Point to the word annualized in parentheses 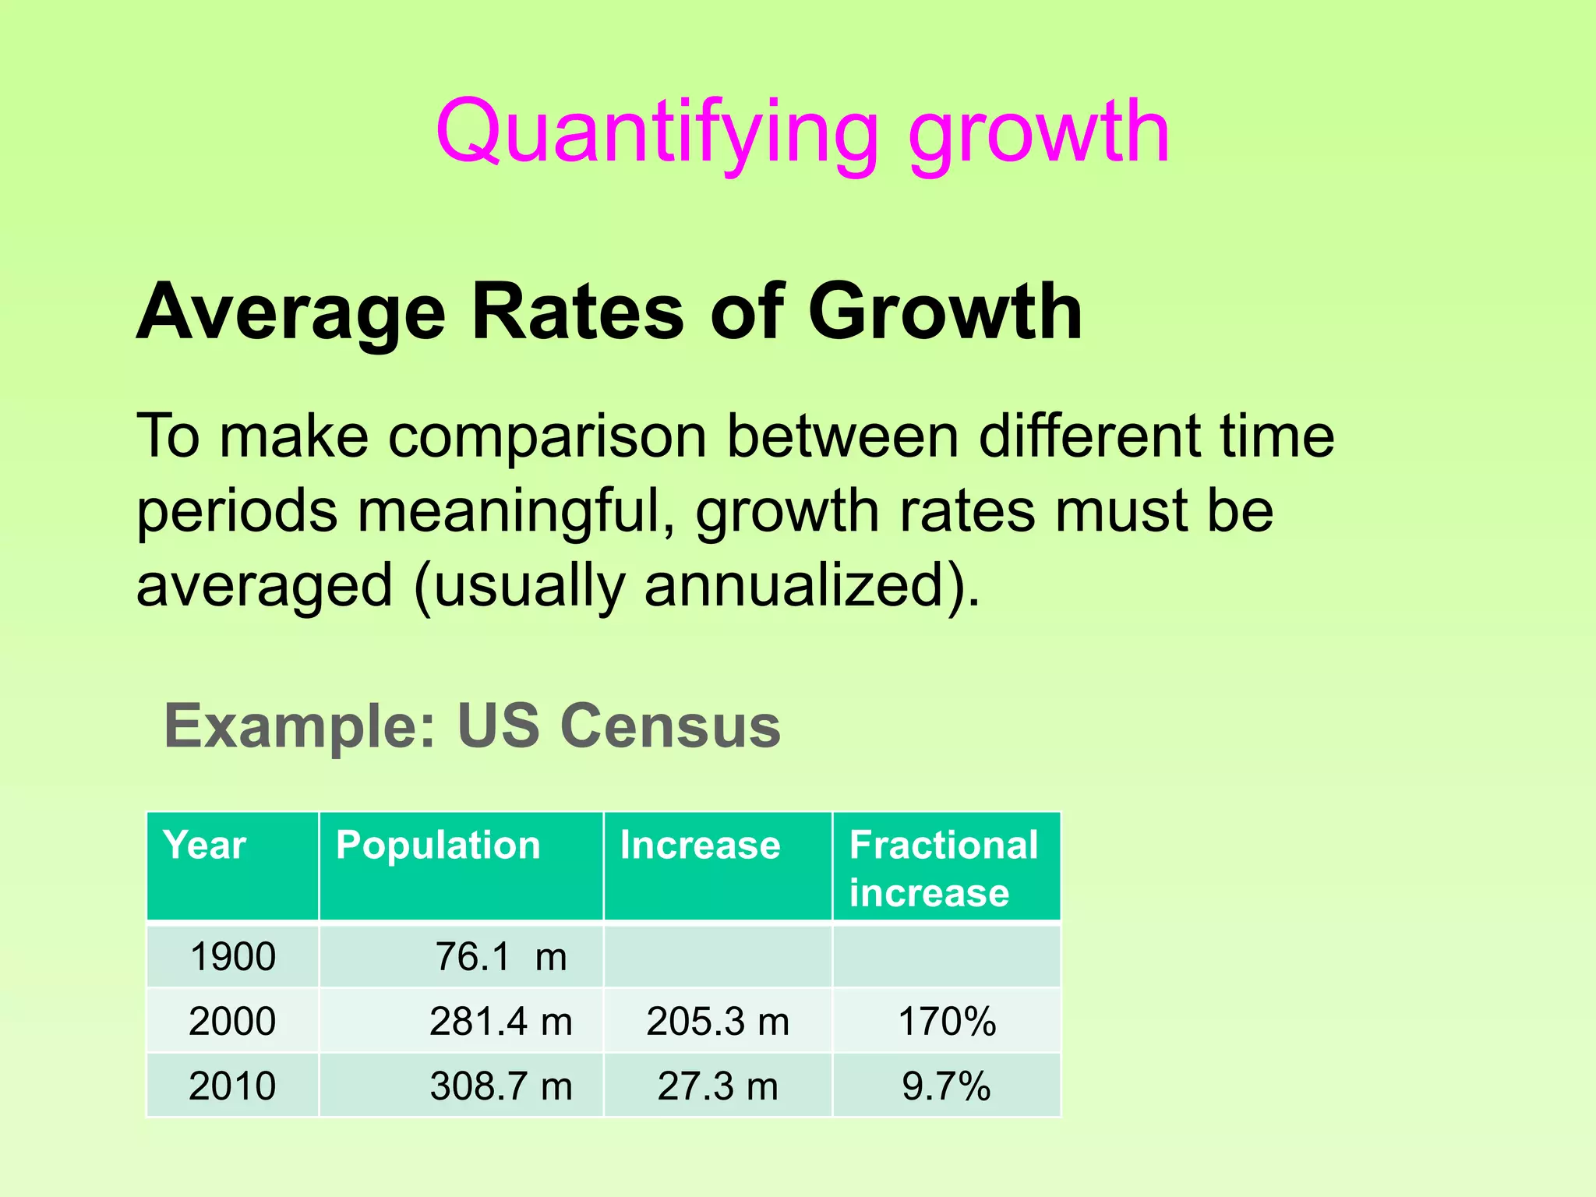(x=795, y=585)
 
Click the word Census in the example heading (x=670, y=726)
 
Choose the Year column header (x=205, y=846)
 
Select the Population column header (x=438, y=846)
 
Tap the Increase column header (x=700, y=846)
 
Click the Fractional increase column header (x=944, y=868)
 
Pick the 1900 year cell (x=232, y=956)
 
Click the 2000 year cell (x=232, y=1021)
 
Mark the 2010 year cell (x=232, y=1086)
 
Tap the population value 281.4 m (x=500, y=1021)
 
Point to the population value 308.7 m (x=500, y=1086)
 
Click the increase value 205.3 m (x=718, y=1021)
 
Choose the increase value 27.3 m (x=718, y=1086)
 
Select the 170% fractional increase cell (x=947, y=1021)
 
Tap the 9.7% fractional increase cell (x=947, y=1086)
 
